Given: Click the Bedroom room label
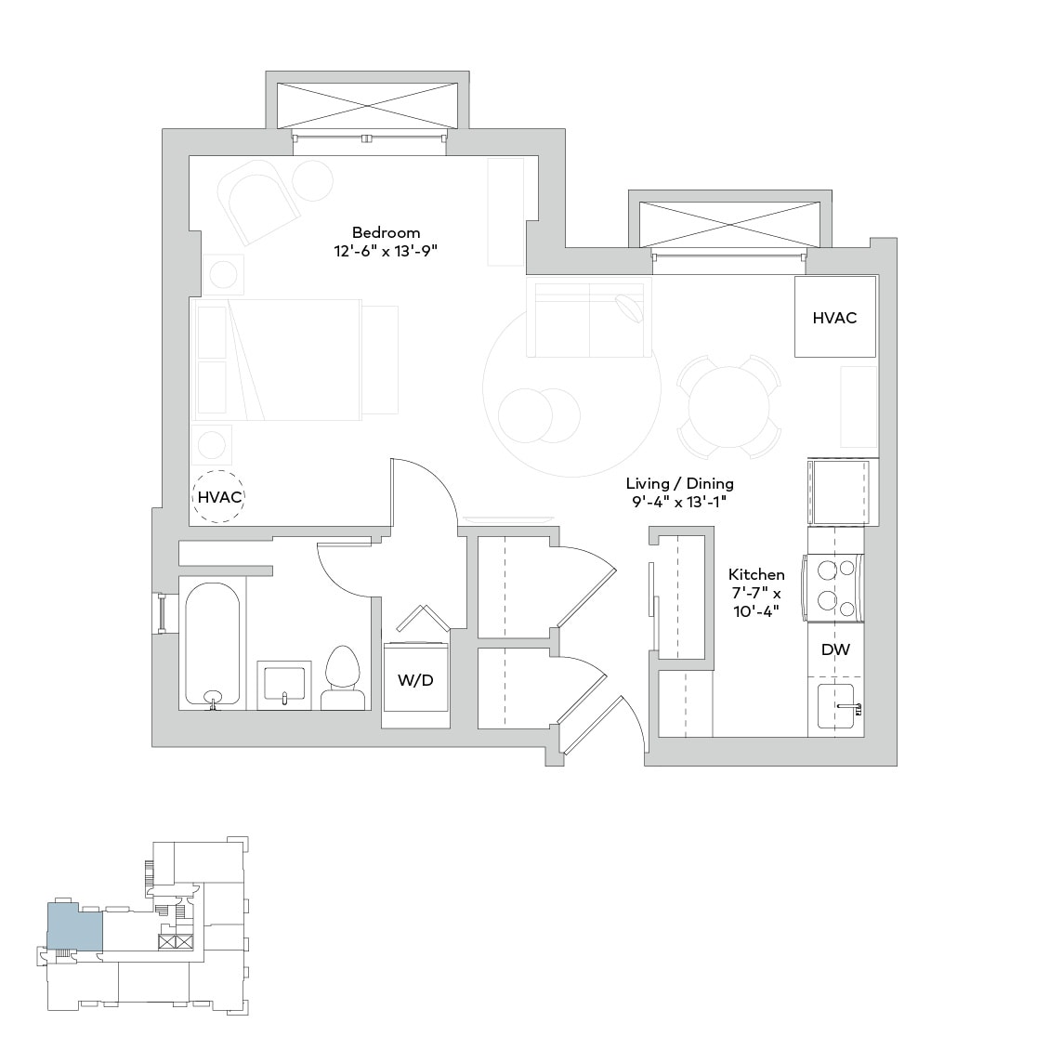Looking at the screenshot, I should click(386, 232).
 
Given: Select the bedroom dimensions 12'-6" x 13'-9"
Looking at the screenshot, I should click(386, 251).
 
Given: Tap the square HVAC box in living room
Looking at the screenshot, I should click(834, 317).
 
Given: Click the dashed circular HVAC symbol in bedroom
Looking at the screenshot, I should click(219, 497).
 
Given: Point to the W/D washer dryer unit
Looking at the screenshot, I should click(415, 680).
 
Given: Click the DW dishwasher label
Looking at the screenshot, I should click(834, 650).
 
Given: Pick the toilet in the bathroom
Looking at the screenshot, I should click(342, 678).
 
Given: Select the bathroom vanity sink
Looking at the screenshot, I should click(284, 686).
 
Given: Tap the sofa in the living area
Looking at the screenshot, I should click(587, 317).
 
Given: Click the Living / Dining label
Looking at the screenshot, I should click(679, 483).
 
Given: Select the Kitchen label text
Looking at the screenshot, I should click(755, 574).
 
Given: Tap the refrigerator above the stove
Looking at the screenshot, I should click(842, 492).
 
